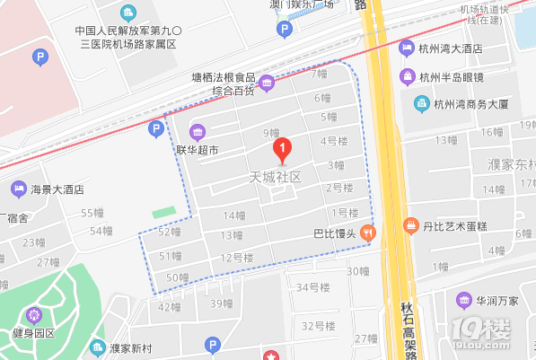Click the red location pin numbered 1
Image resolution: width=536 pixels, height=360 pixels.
click(x=283, y=147)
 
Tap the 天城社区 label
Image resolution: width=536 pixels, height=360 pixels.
click(x=276, y=178)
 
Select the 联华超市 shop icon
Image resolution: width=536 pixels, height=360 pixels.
click(x=197, y=132)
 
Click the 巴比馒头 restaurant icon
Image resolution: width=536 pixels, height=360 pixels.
click(x=368, y=233)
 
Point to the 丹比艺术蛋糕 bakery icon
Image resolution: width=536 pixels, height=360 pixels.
click(x=411, y=224)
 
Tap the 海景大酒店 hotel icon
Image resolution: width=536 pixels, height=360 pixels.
click(x=18, y=189)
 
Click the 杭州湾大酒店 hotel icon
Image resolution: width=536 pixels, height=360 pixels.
click(x=410, y=48)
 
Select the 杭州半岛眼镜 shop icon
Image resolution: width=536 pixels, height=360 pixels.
click(x=410, y=76)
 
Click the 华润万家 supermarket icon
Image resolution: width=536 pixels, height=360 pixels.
click(x=463, y=299)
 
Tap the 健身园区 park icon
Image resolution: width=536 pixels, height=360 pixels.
click(x=34, y=315)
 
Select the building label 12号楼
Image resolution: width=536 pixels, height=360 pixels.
click(x=237, y=258)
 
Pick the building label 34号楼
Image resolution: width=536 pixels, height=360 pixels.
click(x=314, y=287)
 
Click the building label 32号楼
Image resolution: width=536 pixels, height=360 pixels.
click(x=319, y=325)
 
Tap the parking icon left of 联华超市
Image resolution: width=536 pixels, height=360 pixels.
click(x=155, y=129)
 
